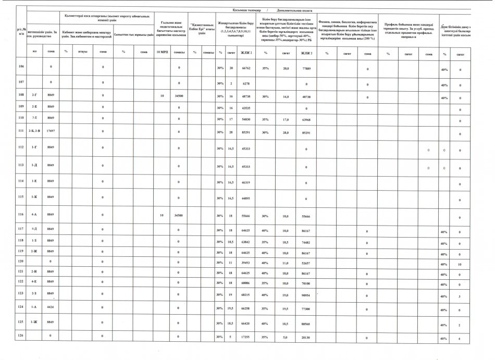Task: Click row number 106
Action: pos(21,67)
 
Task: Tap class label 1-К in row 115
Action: pos(34,197)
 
